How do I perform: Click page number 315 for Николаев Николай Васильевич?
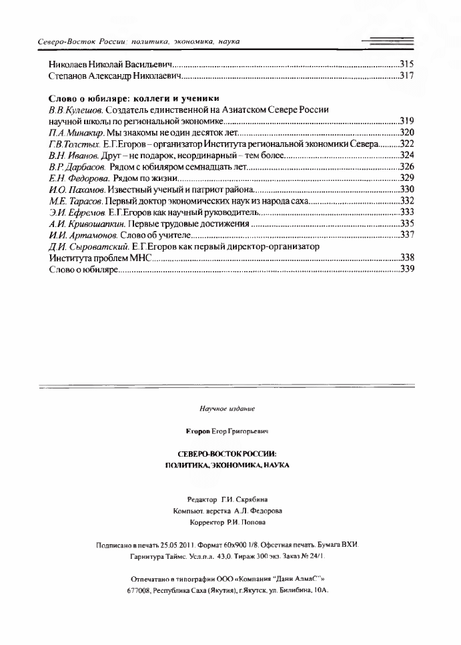tap(406, 64)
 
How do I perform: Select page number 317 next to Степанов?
tap(406, 76)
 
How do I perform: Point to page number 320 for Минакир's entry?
tap(406, 133)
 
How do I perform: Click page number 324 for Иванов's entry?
tap(406, 156)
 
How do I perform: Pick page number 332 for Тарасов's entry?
tap(406, 201)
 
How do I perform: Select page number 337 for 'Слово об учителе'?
tap(406, 235)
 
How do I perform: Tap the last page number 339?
tap(406, 269)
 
